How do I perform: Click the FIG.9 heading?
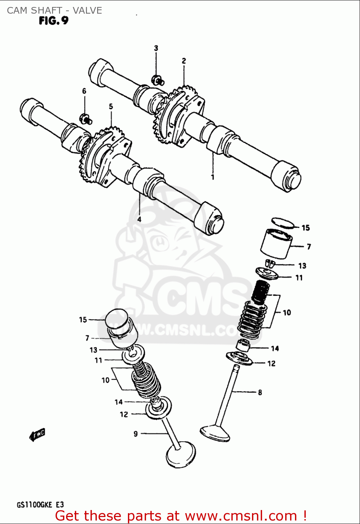tap(53, 21)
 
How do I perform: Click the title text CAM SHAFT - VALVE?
tap(55, 10)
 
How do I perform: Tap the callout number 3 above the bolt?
tap(156, 48)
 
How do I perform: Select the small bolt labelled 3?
tap(158, 80)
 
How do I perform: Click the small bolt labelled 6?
tap(86, 119)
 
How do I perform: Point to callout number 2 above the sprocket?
tap(184, 61)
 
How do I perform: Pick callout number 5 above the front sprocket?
tap(111, 107)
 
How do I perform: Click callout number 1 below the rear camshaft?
tap(213, 177)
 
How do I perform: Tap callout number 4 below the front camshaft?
tap(139, 219)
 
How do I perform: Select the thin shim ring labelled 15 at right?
tap(283, 223)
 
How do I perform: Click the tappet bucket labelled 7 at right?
tap(276, 244)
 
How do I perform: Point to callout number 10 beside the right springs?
tap(287, 313)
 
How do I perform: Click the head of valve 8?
tap(215, 433)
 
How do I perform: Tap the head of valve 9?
tap(181, 455)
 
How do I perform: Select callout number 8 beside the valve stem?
tap(260, 393)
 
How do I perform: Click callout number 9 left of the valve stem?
tap(136, 434)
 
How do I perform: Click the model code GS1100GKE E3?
tap(40, 505)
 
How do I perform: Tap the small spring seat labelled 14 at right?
tap(243, 345)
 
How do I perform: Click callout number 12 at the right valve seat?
tap(272, 364)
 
